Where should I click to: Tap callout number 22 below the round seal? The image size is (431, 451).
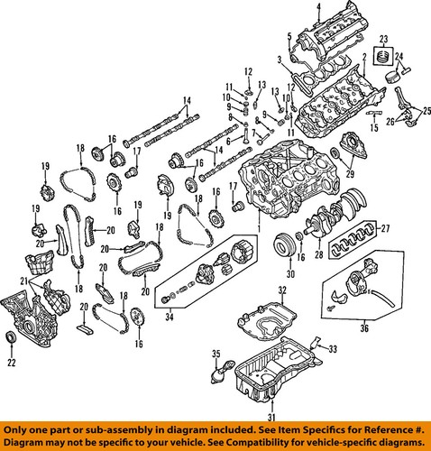click(11, 364)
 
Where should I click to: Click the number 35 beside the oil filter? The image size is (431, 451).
click(215, 353)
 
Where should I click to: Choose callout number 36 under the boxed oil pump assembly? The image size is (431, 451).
click(363, 328)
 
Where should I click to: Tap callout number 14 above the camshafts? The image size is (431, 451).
click(188, 99)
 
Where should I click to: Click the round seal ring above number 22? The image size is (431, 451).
click(11, 338)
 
